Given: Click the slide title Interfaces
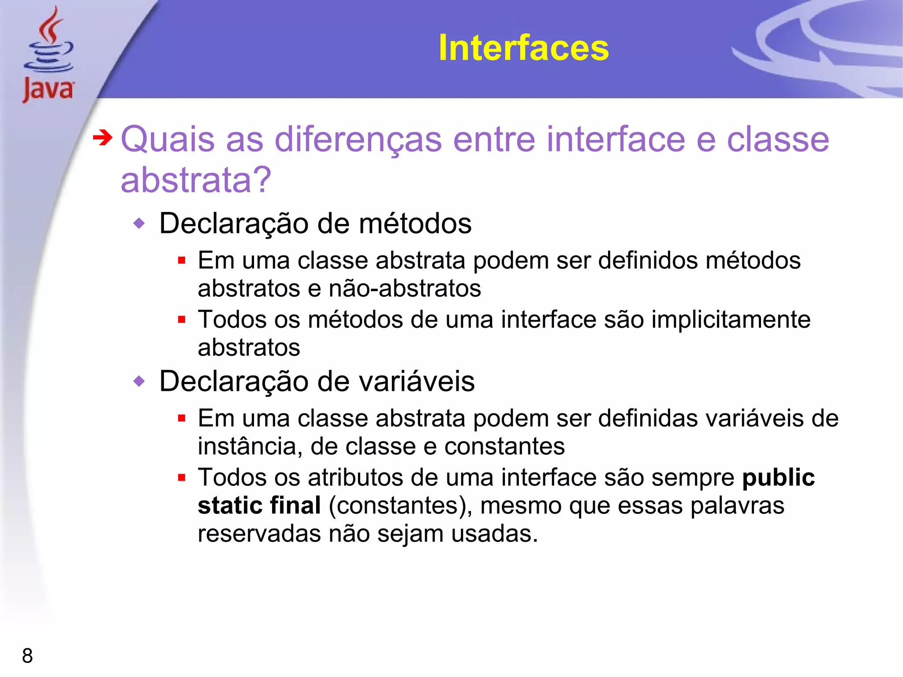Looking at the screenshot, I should (523, 48).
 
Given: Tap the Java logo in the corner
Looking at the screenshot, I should (49, 55).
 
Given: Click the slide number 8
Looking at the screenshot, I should (27, 655).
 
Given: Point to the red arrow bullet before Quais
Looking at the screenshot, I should (103, 138).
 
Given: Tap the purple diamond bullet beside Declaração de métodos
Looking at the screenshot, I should (139, 224).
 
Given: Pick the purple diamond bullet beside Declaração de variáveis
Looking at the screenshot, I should (139, 381).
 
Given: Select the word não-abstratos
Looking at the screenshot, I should (405, 288).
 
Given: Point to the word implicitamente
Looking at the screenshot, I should (731, 319).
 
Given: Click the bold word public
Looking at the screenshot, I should (778, 477).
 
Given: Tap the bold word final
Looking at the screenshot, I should (295, 505).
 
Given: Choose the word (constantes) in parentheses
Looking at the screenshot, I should (400, 505).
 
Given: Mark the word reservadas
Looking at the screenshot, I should (259, 534).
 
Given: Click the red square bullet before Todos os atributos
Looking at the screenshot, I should (182, 477).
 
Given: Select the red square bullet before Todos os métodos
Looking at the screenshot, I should (182, 319).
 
